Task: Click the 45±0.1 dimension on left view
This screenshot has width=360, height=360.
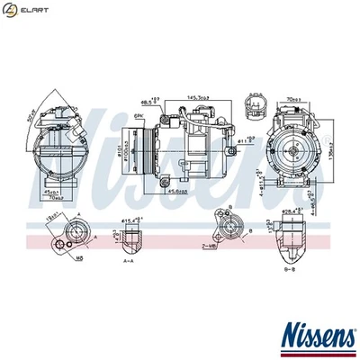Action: (50, 192)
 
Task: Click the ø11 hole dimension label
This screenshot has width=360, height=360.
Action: (244, 141)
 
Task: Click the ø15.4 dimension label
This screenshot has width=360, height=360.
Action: (134, 220)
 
